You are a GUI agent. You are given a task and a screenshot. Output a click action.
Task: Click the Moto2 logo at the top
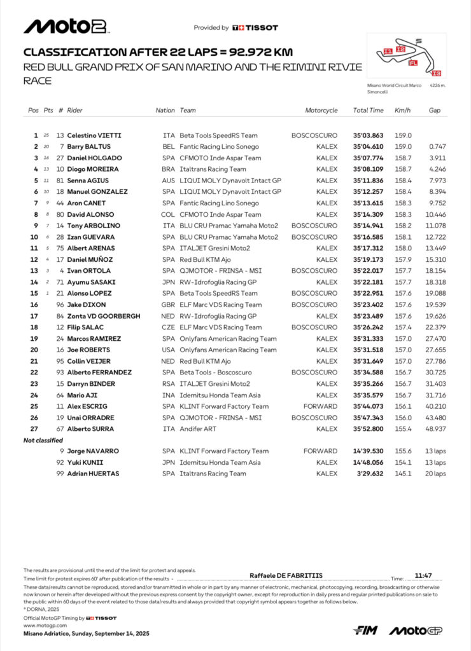point(67,27)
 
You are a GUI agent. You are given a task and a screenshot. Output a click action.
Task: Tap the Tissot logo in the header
point(255,28)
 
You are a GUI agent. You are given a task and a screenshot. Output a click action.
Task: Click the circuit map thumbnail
point(411,57)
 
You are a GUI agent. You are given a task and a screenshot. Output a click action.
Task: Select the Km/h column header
point(402,110)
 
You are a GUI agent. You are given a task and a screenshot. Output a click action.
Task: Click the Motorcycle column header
point(321,110)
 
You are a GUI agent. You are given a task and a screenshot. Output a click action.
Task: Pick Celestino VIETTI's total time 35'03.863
point(369,135)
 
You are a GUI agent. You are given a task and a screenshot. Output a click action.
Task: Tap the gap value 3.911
point(437,158)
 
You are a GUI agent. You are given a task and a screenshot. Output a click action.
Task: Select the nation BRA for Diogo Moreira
point(168,169)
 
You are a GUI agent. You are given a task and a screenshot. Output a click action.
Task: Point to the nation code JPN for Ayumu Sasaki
point(168,282)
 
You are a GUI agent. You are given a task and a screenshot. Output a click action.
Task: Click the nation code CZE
point(168,327)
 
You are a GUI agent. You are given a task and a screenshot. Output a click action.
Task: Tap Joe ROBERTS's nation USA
point(168,350)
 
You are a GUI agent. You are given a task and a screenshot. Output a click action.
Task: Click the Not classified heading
point(43,440)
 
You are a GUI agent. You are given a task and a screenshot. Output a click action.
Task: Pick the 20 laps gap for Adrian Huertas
point(436,474)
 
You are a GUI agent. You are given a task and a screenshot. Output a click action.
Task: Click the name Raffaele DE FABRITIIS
point(286,575)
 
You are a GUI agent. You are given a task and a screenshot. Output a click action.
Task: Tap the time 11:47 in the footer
point(423,575)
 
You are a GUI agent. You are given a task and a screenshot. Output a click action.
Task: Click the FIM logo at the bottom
point(365,630)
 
